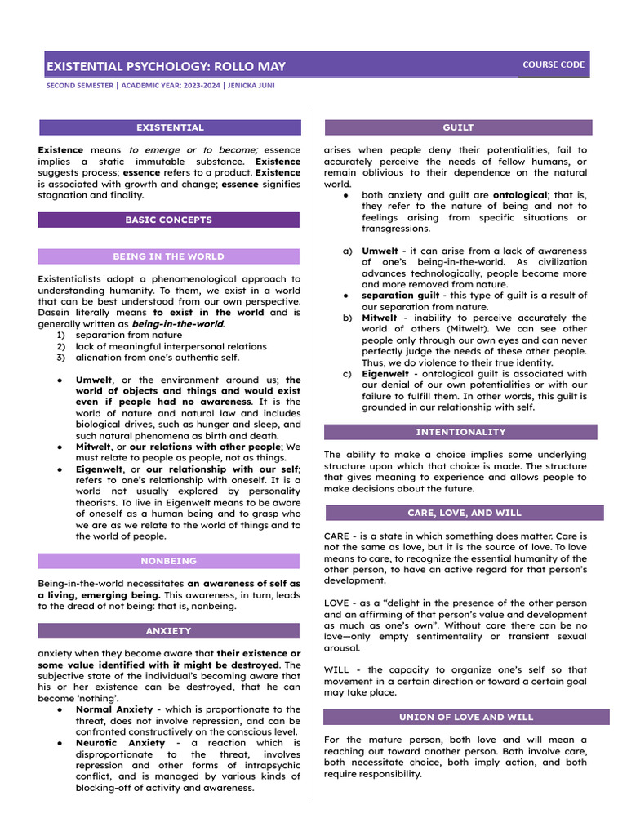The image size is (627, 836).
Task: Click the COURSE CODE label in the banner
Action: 554,64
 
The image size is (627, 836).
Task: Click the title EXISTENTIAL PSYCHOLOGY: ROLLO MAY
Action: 166,66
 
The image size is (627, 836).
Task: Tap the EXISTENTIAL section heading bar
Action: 170,127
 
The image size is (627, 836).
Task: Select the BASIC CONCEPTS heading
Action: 168,220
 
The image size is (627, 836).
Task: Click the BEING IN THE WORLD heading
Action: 168,256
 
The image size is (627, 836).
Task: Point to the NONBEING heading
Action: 168,561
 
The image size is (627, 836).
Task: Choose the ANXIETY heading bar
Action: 168,631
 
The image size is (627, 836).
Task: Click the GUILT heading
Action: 458,127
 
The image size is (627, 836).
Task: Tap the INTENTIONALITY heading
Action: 460,432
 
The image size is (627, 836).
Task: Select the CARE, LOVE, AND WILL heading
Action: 463,513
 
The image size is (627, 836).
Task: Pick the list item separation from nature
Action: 129,335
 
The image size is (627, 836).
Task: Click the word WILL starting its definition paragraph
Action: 337,669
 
